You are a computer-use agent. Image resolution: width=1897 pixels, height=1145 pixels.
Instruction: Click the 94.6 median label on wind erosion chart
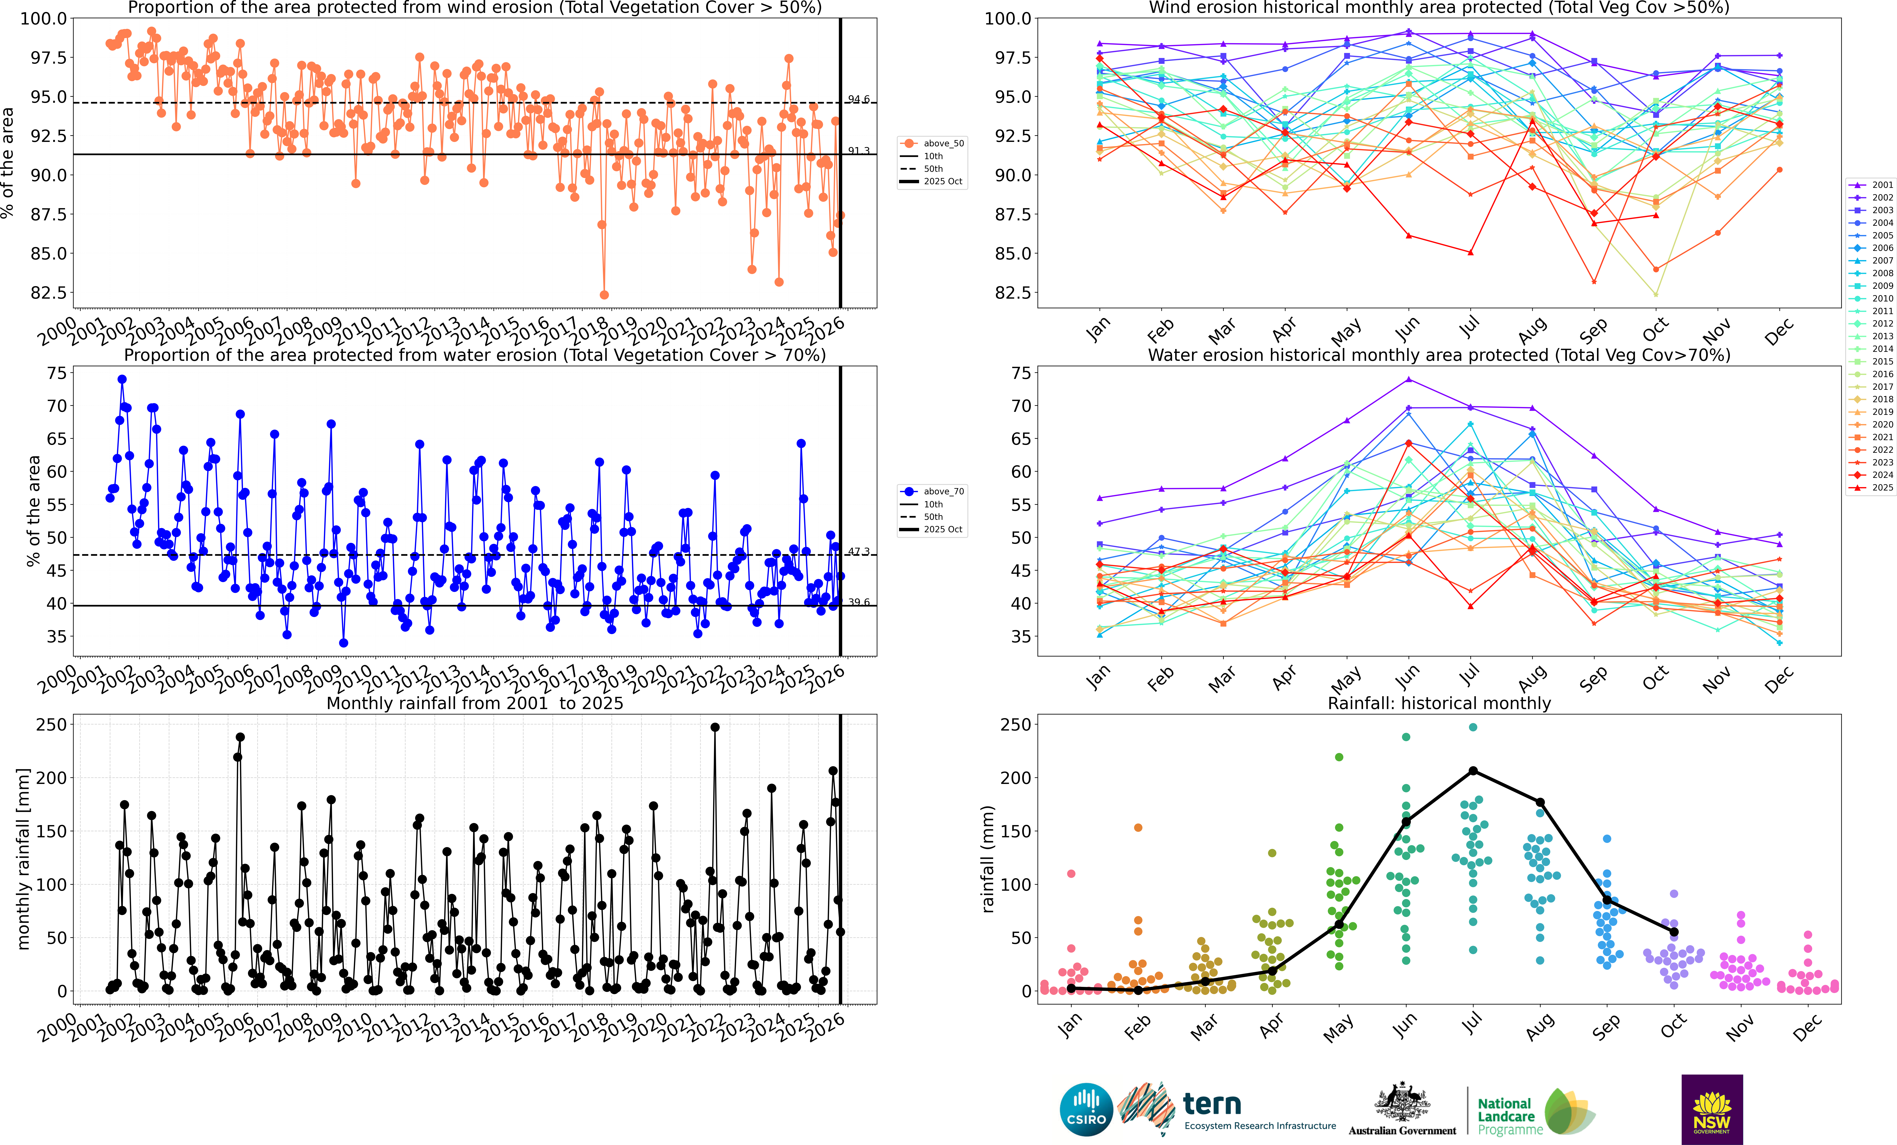[858, 99]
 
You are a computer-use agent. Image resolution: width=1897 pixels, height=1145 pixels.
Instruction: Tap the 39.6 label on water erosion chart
[858, 602]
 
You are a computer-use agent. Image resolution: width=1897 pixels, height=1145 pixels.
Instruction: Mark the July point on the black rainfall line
[1473, 771]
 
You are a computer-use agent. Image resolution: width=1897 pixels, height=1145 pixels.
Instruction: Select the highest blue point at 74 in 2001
[122, 379]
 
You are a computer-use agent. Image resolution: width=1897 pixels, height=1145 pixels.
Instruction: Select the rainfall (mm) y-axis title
[988, 859]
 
